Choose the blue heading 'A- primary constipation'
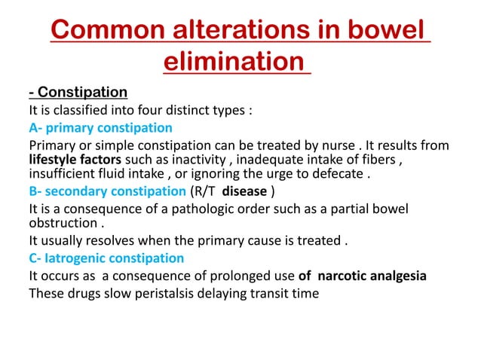tap(100, 127)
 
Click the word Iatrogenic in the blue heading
tap(78, 258)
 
